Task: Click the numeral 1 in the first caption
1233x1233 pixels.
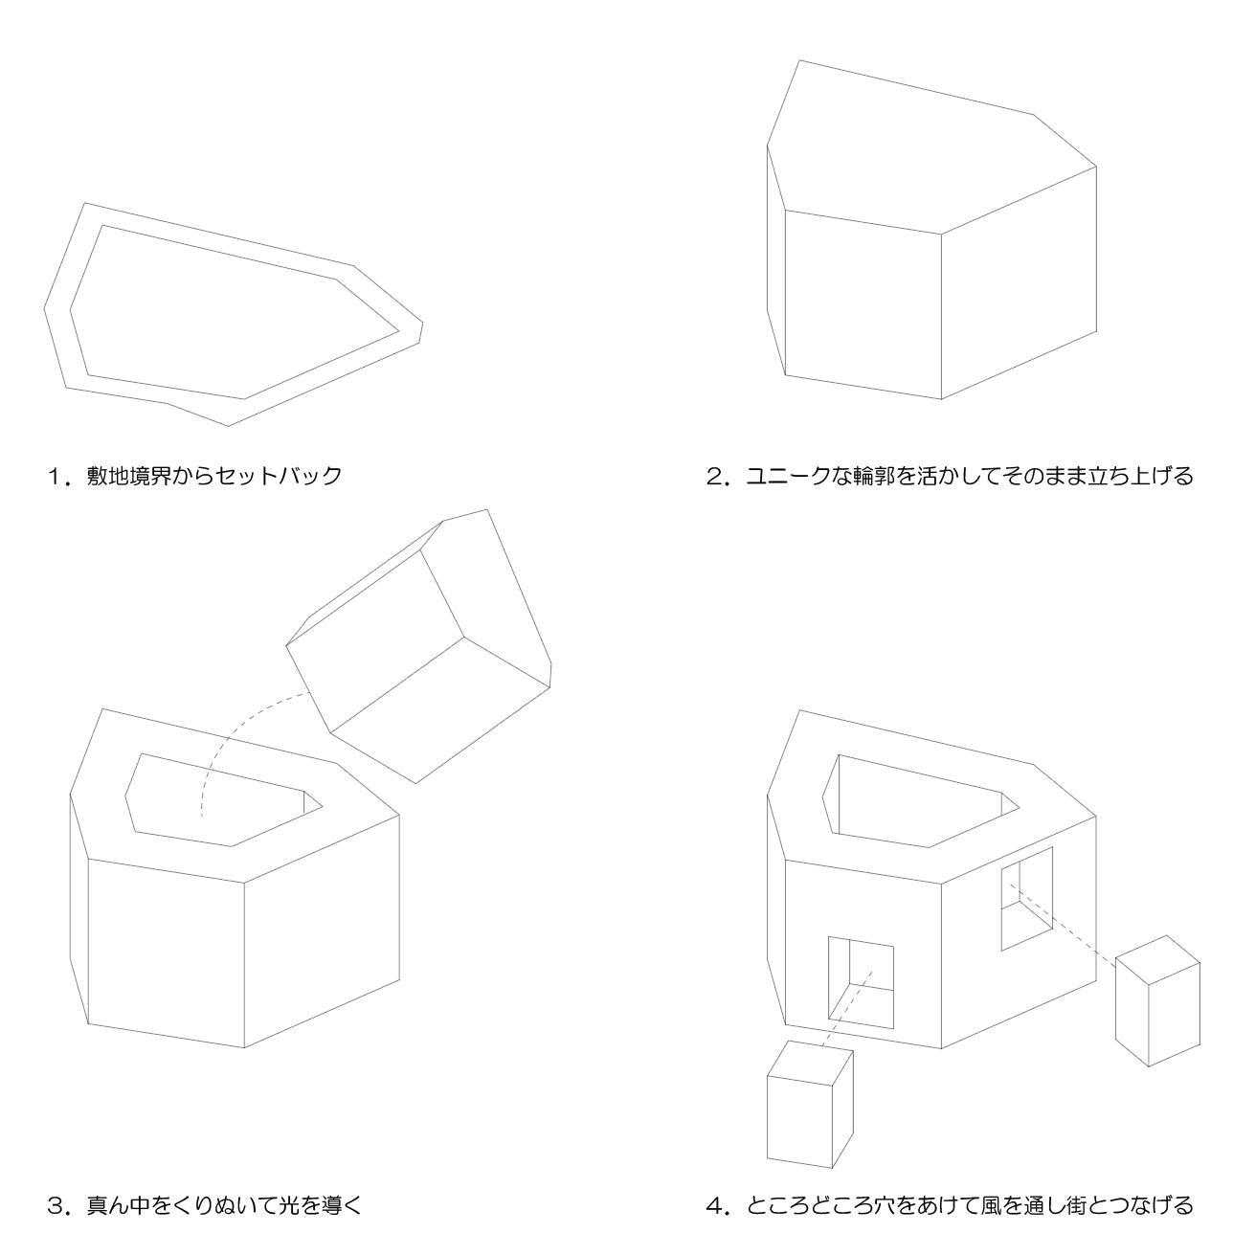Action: pyautogui.click(x=54, y=477)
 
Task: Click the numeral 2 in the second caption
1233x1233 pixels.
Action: pyautogui.click(x=714, y=477)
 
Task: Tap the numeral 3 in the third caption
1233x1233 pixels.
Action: pyautogui.click(x=56, y=1206)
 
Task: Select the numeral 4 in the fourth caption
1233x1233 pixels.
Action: pyautogui.click(x=714, y=1206)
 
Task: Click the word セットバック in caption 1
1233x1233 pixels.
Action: pyautogui.click(x=279, y=477)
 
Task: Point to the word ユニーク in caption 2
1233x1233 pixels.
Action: pyautogui.click(x=789, y=477)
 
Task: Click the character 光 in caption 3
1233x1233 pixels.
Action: pyautogui.click(x=290, y=1206)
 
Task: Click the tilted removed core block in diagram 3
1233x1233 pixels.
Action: pyautogui.click(x=419, y=646)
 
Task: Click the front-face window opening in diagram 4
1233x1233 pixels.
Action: pyautogui.click(x=861, y=983)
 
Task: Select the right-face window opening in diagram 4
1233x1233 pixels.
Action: pyautogui.click(x=1027, y=899)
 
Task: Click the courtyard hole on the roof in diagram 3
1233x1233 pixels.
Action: pyautogui.click(x=224, y=799)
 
